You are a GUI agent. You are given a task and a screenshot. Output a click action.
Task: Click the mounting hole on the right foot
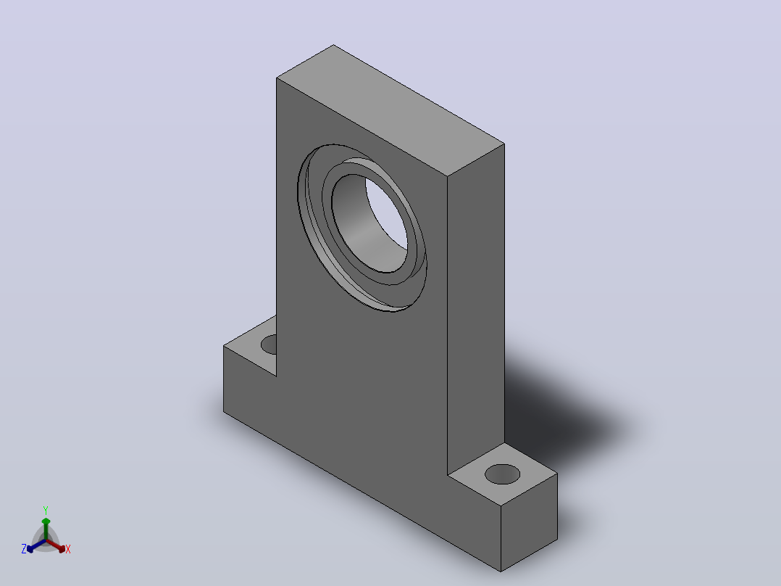click(x=502, y=474)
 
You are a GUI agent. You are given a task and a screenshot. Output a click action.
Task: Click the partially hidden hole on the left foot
click(x=269, y=344)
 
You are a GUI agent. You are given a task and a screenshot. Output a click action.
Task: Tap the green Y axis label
click(x=46, y=510)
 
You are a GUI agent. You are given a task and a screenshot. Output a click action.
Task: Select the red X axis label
click(x=68, y=549)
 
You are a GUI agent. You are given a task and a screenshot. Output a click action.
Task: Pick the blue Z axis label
click(x=24, y=548)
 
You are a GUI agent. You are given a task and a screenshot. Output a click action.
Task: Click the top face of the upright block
click(x=390, y=110)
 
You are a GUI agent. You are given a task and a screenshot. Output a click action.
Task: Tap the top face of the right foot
click(x=503, y=474)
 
